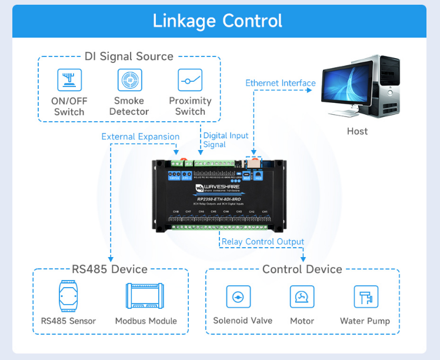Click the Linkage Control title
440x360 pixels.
pyautogui.click(x=218, y=21)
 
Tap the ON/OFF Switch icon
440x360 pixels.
pyautogui.click(x=69, y=80)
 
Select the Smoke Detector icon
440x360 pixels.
pyautogui.click(x=129, y=80)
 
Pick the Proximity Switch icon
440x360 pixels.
pyautogui.click(x=190, y=80)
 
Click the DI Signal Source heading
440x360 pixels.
pyautogui.click(x=129, y=56)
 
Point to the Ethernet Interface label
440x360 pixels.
pyautogui.click(x=280, y=83)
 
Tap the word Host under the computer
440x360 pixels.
pyautogui.click(x=357, y=131)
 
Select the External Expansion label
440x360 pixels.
pyautogui.click(x=140, y=136)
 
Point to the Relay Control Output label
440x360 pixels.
pyautogui.click(x=262, y=242)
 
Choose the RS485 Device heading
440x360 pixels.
pyautogui.click(x=109, y=269)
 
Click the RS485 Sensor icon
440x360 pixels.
pyautogui.click(x=68, y=296)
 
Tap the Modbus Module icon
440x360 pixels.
pyautogui.click(x=145, y=296)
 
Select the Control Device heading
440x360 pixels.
pyautogui.click(x=302, y=269)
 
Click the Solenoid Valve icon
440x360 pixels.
pyautogui.click(x=238, y=297)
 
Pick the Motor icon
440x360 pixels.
pyautogui.click(x=302, y=297)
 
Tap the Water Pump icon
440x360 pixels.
pyautogui.click(x=365, y=297)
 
